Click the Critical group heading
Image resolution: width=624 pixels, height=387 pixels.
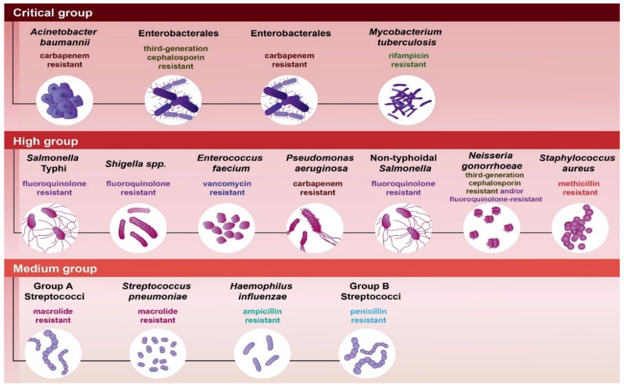click(x=53, y=13)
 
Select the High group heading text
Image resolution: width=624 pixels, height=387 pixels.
click(x=46, y=141)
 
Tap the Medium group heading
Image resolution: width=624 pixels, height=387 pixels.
click(x=55, y=269)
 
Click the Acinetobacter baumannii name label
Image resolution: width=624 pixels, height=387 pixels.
click(x=64, y=37)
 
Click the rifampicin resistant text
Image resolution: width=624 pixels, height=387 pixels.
click(x=408, y=60)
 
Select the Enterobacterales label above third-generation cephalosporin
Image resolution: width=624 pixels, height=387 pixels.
click(x=178, y=33)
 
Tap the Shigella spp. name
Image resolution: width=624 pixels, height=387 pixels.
click(x=136, y=164)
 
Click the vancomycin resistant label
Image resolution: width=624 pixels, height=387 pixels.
click(x=227, y=188)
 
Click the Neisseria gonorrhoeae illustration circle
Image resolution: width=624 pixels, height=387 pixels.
click(x=492, y=228)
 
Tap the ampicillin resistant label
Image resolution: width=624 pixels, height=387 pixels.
click(x=262, y=316)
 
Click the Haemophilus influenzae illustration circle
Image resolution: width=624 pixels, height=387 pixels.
click(x=262, y=353)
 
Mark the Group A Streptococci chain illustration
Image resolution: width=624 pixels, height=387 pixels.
click(x=53, y=353)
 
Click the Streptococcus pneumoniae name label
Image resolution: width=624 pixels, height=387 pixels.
click(x=157, y=291)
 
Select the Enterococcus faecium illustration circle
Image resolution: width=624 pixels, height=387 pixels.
click(x=227, y=228)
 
